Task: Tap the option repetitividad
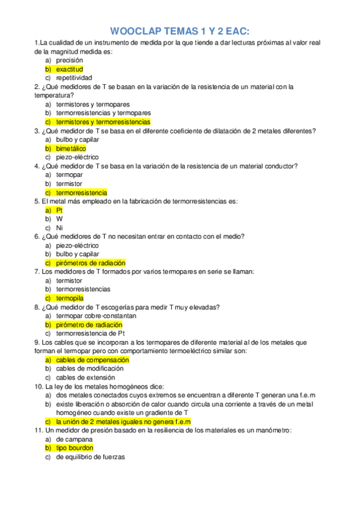[x=74, y=78]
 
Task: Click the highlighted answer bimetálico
[x=71, y=149]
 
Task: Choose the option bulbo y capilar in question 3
[x=78, y=140]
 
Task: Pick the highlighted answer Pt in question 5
[x=59, y=210]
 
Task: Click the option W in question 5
[x=59, y=219]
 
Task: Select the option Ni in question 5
[x=59, y=228]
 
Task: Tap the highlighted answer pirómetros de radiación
[x=90, y=263]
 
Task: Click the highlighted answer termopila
[x=70, y=298]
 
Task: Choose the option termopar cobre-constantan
[x=96, y=316]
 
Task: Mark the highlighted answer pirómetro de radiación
[x=88, y=325]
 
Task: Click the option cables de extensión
[x=86, y=378]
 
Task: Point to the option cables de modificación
[x=90, y=369]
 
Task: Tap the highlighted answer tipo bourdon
[x=74, y=448]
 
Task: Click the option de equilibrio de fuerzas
[x=90, y=457]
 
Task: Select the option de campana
[x=73, y=439]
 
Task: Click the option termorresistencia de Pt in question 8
[x=90, y=333]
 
